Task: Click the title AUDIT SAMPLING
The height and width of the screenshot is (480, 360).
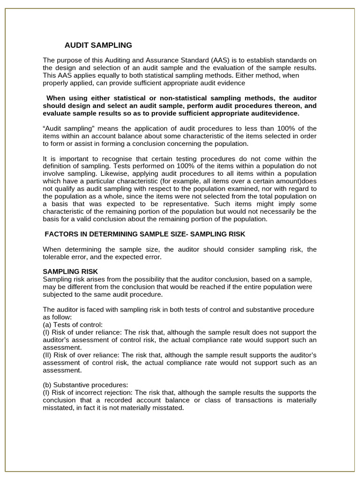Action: [98, 45]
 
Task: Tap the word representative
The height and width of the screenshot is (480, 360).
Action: [180, 204]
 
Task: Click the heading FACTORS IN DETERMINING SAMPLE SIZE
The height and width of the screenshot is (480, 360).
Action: [116, 234]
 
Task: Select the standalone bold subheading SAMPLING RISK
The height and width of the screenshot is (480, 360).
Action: [70, 272]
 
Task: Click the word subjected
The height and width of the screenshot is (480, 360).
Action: [58, 294]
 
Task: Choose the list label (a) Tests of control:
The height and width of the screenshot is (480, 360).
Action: [73, 324]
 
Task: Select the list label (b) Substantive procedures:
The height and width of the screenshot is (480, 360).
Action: [85, 385]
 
